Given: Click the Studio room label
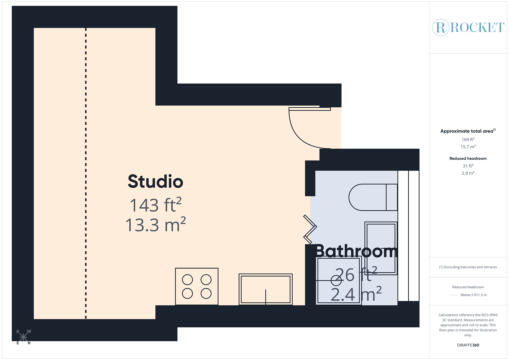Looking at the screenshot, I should click(155, 182).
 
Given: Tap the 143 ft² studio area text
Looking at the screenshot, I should click(155, 205).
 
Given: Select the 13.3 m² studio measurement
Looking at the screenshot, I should click(155, 225).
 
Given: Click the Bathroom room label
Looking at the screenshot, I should click(356, 251).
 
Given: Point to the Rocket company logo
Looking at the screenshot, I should click(468, 27).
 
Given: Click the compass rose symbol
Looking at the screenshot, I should click(23, 337).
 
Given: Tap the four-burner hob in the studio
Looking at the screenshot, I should click(197, 286).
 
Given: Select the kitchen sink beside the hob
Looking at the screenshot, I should click(266, 289).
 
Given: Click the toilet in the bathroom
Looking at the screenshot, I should click(373, 197).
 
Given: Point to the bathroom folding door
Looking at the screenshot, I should click(310, 229).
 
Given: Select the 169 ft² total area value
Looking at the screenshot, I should click(468, 139).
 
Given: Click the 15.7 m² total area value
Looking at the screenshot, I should click(468, 147).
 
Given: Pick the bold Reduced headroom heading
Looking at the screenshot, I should click(468, 158).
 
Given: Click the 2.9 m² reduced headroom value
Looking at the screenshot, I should click(468, 173).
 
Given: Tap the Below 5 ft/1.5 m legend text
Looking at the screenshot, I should click(473, 295).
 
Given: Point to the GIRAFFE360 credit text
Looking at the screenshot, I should click(468, 345).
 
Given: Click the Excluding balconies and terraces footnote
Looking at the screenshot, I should click(468, 267).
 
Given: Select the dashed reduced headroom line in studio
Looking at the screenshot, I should click(86, 173).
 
